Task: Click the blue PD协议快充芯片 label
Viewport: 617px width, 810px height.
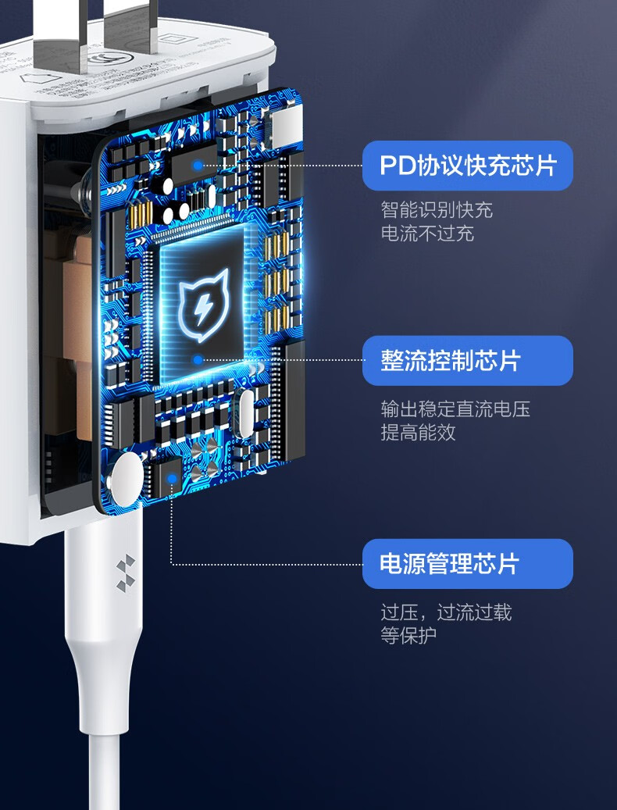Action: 467,166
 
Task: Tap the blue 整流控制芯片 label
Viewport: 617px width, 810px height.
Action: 467,361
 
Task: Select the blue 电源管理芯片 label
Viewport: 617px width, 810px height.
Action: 467,564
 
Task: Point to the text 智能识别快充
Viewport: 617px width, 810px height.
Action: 437,210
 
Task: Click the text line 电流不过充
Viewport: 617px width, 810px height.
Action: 427,234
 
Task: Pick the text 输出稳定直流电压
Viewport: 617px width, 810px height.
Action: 455,409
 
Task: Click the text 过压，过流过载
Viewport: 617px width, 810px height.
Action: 446,612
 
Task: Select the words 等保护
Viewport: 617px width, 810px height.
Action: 408,635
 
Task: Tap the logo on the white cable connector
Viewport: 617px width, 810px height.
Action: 124,568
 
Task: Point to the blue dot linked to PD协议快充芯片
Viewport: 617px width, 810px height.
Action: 198,166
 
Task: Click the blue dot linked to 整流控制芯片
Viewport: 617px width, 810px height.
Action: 198,360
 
